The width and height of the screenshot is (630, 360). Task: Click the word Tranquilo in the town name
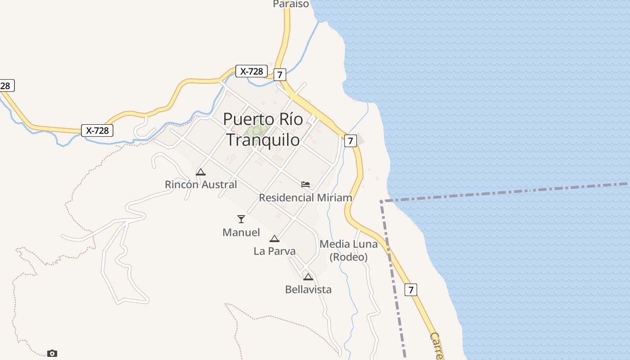[x=262, y=139]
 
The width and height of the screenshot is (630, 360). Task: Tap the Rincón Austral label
[x=201, y=184]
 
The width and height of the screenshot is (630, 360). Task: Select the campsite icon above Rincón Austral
[x=201, y=172]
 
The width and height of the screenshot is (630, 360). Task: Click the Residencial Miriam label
[x=305, y=198]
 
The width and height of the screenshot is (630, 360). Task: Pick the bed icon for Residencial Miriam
[x=306, y=184]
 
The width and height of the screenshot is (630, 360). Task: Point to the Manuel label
[x=241, y=232]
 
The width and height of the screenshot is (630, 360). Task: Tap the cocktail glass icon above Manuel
[x=241, y=219]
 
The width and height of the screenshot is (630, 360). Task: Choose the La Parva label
[x=274, y=251]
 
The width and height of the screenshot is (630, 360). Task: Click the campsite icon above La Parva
[x=274, y=238]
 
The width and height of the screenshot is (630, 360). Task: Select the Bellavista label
[x=308, y=289]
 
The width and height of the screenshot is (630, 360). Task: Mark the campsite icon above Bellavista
[x=308, y=277]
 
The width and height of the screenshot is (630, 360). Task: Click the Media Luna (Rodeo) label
[x=348, y=251]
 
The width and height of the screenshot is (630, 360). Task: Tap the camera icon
[x=52, y=353]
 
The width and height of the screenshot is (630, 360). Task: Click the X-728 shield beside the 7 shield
[x=252, y=71]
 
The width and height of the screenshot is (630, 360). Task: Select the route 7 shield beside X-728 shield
[x=279, y=75]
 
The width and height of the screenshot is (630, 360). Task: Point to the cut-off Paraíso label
[x=291, y=4]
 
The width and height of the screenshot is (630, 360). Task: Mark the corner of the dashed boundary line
[x=381, y=201]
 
